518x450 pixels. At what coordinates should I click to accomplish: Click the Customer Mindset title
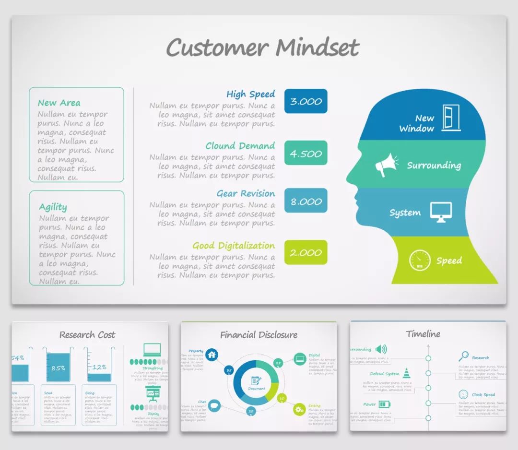click(262, 47)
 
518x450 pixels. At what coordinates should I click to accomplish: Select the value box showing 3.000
click(306, 102)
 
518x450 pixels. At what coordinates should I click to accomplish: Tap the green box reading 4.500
click(306, 154)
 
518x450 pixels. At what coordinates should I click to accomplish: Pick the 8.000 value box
click(306, 201)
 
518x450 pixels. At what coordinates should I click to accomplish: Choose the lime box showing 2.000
click(306, 252)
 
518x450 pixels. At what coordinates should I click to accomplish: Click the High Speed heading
click(250, 94)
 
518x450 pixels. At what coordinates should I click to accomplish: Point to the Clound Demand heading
click(240, 146)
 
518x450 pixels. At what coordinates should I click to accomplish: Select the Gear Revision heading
click(246, 194)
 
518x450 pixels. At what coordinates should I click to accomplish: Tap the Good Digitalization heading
click(234, 246)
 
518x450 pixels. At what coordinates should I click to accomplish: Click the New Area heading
click(59, 103)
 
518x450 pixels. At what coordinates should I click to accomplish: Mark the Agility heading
click(53, 207)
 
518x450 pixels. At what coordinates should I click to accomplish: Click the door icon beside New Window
click(451, 118)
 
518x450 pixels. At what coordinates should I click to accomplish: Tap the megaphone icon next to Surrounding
click(387, 165)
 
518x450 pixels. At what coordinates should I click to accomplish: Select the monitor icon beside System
click(441, 212)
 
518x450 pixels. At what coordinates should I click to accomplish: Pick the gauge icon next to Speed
click(419, 260)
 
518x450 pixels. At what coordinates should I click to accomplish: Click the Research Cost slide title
click(87, 335)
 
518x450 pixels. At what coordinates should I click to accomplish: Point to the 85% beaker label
click(58, 368)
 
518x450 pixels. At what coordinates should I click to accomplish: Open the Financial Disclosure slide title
click(259, 335)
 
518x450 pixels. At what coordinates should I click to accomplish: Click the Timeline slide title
click(423, 334)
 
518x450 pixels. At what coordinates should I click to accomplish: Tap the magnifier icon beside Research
click(463, 356)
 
